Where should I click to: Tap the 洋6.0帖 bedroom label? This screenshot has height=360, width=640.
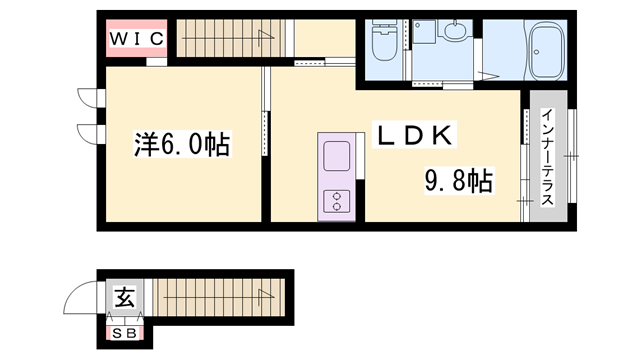point(183,146)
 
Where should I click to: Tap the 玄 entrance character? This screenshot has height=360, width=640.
point(125,297)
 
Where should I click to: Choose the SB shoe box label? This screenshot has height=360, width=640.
point(125,333)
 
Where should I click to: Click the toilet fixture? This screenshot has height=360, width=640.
point(384,44)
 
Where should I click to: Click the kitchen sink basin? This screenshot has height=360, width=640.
point(334,157)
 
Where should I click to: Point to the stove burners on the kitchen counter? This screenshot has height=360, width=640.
point(334,200)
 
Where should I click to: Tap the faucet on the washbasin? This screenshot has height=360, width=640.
point(455,21)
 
